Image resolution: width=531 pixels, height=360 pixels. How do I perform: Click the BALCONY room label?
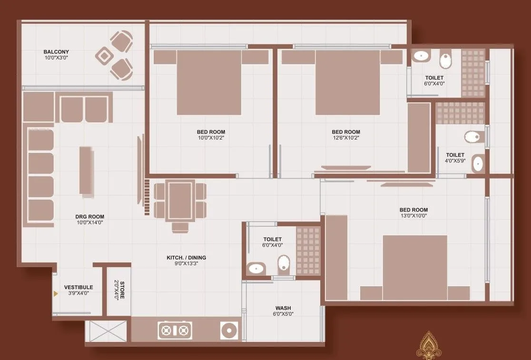point(56,52)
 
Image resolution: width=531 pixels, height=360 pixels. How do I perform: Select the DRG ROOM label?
point(89,217)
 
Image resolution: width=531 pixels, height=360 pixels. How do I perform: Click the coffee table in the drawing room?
point(87,170)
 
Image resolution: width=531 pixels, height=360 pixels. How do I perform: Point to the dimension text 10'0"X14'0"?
point(89,222)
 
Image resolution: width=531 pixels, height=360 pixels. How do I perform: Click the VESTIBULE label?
point(79,287)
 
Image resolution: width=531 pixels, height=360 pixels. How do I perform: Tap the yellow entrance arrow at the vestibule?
point(56,294)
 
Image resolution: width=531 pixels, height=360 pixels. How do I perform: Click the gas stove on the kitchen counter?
point(175,330)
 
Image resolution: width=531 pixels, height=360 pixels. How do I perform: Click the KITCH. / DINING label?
point(186,258)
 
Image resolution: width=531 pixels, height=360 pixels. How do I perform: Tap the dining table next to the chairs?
point(180,200)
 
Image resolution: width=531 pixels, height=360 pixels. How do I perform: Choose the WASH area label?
point(283,308)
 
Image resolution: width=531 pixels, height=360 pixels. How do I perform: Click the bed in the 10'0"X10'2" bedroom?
point(209,81)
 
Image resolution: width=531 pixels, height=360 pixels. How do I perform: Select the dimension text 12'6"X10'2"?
point(346,138)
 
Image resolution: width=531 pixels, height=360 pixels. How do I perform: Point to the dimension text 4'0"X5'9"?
point(455,161)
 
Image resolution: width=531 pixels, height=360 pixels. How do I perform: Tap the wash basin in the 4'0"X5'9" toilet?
point(477,164)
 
